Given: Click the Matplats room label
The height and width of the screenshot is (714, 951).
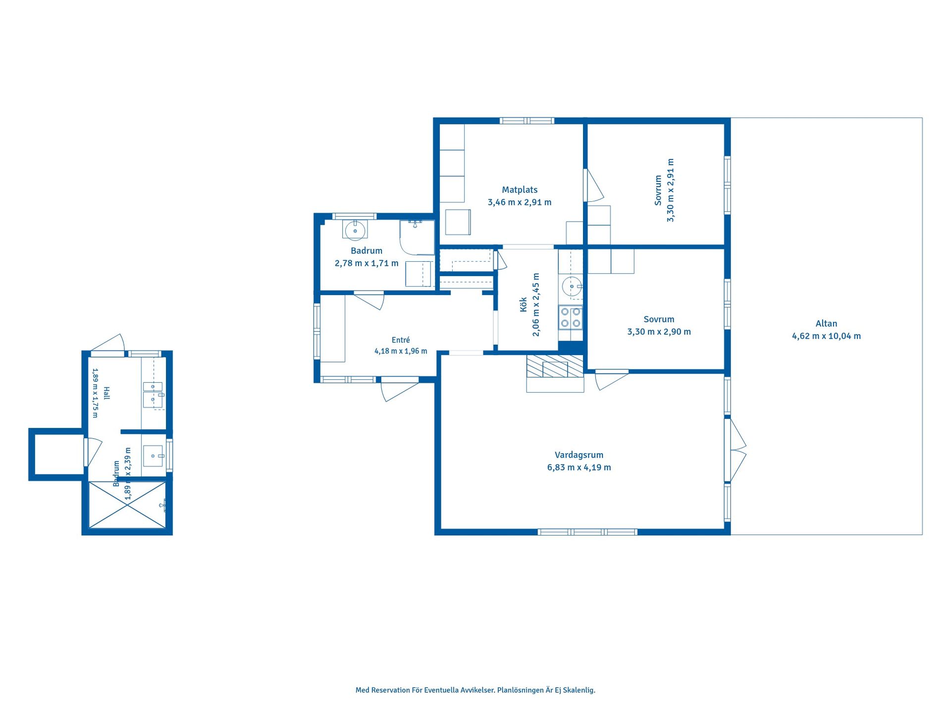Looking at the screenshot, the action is click(520, 189).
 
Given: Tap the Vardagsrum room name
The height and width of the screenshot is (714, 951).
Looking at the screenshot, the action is click(579, 455).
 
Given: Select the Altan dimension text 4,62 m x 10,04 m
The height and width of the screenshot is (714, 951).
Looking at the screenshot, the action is click(826, 336).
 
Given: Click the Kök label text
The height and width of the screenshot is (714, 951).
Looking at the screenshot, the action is click(524, 304).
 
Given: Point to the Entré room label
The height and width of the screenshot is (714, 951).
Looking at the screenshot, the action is click(401, 340).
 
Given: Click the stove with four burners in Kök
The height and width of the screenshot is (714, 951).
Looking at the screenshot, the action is click(571, 317).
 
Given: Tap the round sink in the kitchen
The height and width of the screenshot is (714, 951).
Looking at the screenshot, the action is click(572, 287).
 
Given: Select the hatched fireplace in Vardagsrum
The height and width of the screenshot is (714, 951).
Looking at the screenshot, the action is click(555, 365).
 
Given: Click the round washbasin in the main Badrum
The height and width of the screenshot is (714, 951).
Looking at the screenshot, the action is click(355, 231).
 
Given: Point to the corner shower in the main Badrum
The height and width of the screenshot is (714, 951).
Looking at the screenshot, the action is click(417, 237).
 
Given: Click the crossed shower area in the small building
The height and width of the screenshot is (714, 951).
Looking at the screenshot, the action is click(127, 505).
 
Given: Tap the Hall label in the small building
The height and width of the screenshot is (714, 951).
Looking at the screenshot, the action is click(106, 393).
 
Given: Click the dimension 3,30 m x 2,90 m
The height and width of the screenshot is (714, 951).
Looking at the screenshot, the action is click(659, 332).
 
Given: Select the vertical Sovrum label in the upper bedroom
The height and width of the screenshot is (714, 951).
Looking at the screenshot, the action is click(658, 190).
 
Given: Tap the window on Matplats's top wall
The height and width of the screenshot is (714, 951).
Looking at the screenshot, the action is click(527, 120).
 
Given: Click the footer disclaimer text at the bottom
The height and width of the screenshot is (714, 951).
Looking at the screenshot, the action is click(475, 690).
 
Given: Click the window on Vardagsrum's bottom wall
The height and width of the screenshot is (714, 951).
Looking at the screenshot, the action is click(587, 532).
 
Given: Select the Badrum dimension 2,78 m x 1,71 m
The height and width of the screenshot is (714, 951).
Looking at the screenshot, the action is click(367, 263).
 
